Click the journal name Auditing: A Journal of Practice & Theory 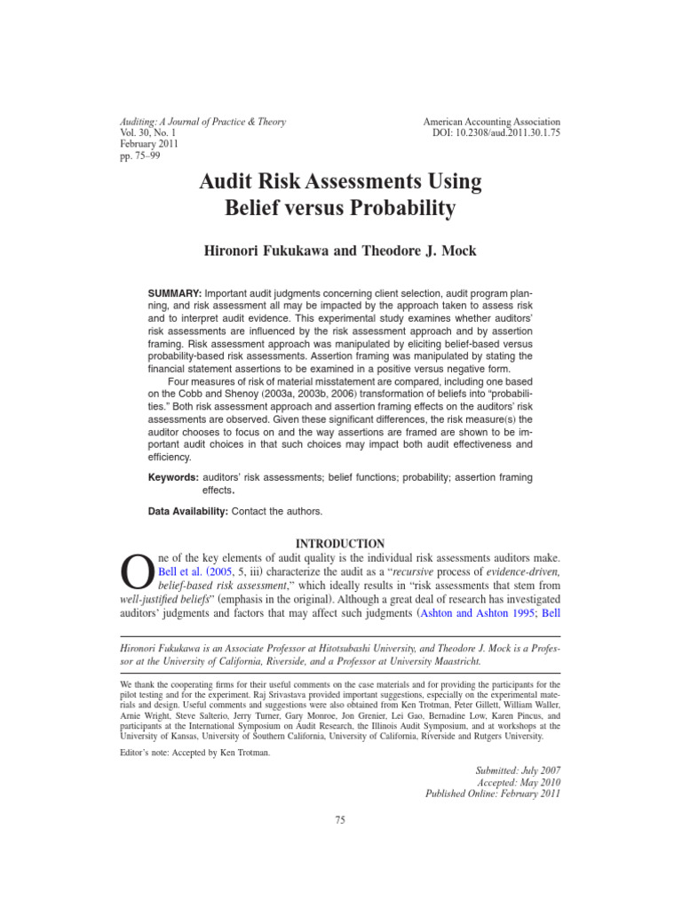coord(202,122)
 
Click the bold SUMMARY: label coord(173,292)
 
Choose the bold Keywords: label coord(172,477)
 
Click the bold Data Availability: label coord(188,512)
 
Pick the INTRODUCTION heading coord(340,544)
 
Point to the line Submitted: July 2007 coord(518,769)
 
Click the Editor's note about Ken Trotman coord(194,752)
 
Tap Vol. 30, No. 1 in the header coord(149,133)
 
